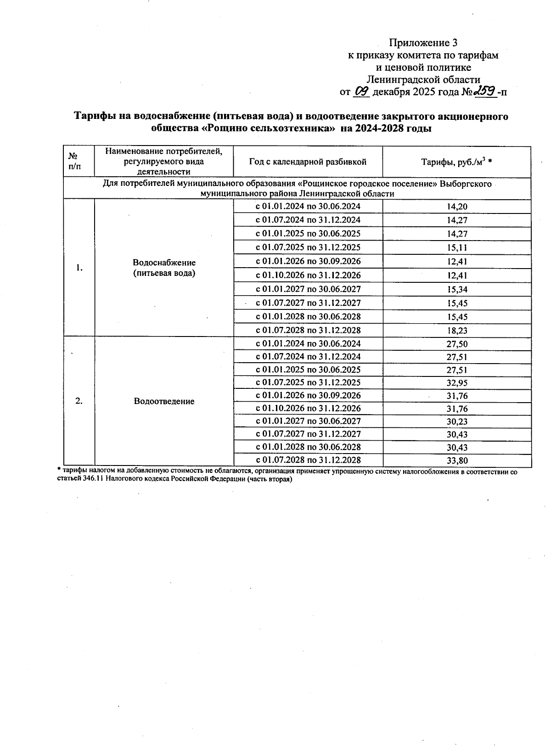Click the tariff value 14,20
tap(457, 207)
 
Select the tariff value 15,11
tap(457, 248)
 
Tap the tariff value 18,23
tap(457, 331)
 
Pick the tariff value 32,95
tap(457, 383)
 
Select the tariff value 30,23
tap(457, 421)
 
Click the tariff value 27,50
tap(457, 344)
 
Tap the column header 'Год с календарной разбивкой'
tap(308, 162)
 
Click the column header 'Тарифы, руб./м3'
tap(456, 162)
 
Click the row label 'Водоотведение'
tap(164, 402)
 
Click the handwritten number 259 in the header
tap(486, 91)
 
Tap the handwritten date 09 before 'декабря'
tap(362, 91)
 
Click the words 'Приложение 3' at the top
tap(423, 43)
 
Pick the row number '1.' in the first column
tap(79, 268)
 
